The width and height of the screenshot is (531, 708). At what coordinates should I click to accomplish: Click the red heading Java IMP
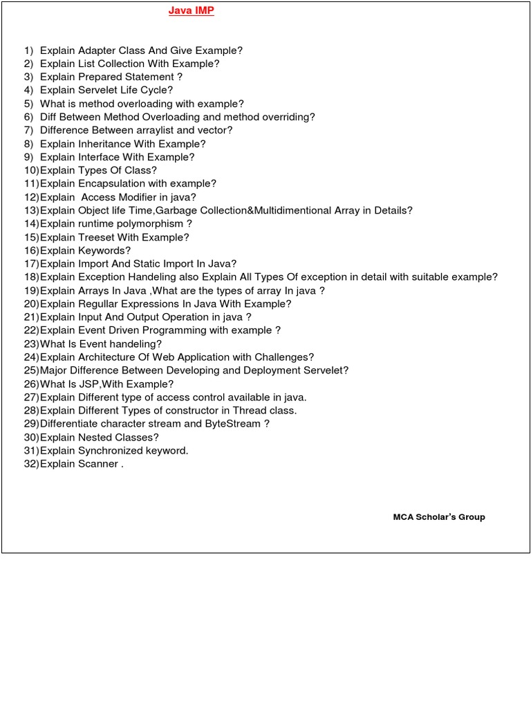coord(192,12)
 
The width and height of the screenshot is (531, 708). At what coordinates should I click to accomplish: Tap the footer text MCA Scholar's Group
coord(439,517)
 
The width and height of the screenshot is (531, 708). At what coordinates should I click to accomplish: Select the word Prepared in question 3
coord(98,77)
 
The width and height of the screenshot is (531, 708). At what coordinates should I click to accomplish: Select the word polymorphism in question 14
coord(153,223)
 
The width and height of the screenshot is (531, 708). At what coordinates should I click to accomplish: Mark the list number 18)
coord(31,277)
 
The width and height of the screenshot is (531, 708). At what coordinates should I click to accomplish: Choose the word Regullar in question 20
coord(99,304)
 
